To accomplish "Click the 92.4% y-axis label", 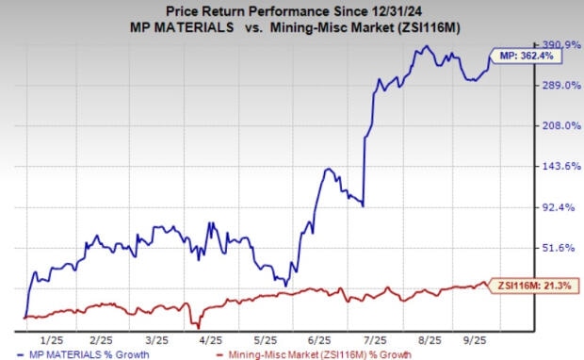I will [x=558, y=206].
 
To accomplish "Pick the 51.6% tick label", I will [x=558, y=247].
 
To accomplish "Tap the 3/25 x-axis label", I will [x=156, y=338].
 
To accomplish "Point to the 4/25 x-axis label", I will [x=209, y=338].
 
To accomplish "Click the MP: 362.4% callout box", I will [x=523, y=56].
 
